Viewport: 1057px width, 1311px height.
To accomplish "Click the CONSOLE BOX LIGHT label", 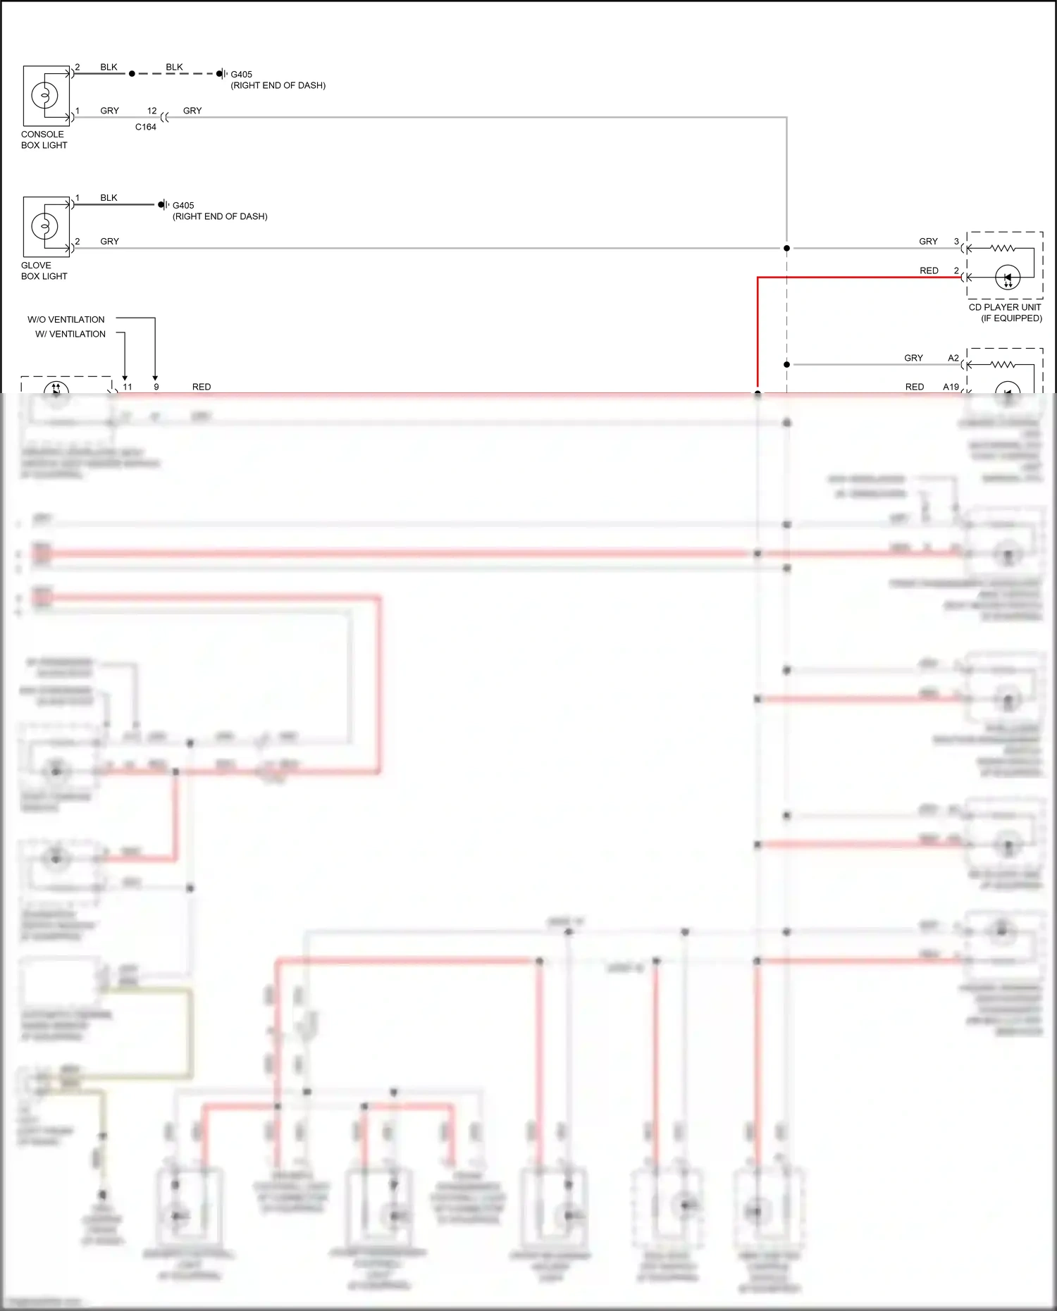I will [x=44, y=139].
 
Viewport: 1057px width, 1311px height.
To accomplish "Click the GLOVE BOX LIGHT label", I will [x=44, y=271].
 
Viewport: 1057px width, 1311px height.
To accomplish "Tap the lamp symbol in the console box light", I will [x=44, y=95].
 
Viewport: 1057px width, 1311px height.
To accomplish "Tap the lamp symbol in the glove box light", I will [x=44, y=226].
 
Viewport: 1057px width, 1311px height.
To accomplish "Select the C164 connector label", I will [x=146, y=127].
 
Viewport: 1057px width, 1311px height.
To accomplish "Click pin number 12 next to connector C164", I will [x=152, y=111].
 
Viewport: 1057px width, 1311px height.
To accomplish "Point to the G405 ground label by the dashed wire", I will [x=241, y=74].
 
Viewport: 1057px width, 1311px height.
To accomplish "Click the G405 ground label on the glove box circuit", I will [x=183, y=206].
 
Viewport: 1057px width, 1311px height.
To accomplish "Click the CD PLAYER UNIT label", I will [x=1004, y=307].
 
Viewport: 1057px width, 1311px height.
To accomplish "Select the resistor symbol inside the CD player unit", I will [x=1002, y=248].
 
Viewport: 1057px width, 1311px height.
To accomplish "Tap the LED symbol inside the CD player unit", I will [x=1008, y=278].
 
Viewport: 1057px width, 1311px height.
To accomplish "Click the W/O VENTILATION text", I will [x=66, y=319].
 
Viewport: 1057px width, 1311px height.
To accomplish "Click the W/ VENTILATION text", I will [x=70, y=334].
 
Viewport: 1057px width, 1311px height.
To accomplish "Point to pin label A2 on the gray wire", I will [x=953, y=358].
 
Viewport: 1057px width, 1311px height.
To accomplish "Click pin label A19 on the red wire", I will [x=951, y=387].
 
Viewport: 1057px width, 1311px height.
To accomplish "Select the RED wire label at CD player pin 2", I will [x=929, y=271].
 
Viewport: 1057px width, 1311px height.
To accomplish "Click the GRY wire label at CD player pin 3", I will [x=928, y=241].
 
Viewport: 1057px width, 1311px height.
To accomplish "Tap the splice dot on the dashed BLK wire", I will [x=132, y=73].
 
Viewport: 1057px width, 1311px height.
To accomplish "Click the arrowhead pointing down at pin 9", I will [x=155, y=378].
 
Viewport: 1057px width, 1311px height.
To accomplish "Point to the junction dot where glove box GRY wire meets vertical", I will [x=786, y=248].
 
